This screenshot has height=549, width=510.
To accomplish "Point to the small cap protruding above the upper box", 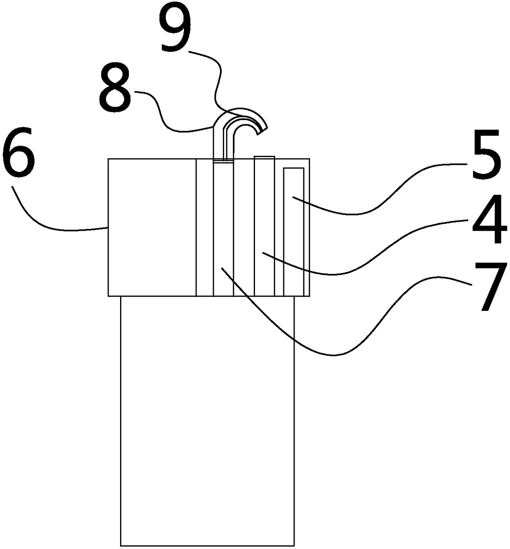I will (x=264, y=157).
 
